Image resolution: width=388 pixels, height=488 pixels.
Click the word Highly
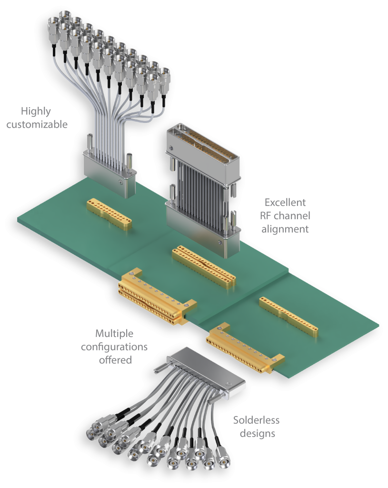tap(36, 112)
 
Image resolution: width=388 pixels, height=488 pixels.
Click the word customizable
tap(37, 124)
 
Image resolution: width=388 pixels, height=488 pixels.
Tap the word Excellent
tap(285, 203)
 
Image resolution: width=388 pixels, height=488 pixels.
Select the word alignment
tap(285, 229)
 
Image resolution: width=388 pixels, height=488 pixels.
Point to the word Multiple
tap(114, 334)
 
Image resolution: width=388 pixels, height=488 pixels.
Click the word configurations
tap(114, 347)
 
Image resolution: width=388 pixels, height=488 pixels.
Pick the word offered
tap(115, 360)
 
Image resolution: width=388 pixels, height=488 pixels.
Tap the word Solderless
tap(257, 420)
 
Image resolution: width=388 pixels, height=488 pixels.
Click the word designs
tap(258, 434)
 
